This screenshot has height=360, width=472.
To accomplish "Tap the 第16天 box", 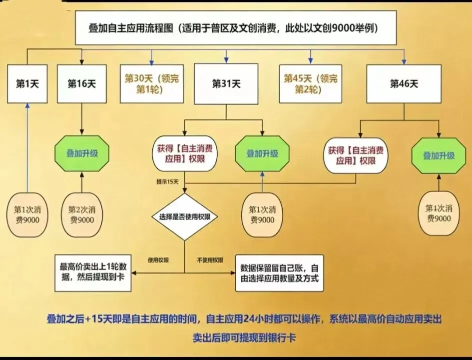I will [x=81, y=83].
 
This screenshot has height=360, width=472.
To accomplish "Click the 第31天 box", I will [x=226, y=83].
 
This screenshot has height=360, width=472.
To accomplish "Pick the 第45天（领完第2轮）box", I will [x=310, y=83].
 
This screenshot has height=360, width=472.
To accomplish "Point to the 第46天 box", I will [x=404, y=83].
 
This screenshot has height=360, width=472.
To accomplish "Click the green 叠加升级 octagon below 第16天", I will [x=82, y=153].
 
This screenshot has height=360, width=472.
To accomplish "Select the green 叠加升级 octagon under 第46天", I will [x=439, y=155].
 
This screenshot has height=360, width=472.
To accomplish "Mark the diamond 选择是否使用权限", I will [x=184, y=216].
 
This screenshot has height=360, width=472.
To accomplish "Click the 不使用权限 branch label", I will [x=210, y=260].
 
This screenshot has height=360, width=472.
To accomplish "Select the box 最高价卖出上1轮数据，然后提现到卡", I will [x=93, y=272].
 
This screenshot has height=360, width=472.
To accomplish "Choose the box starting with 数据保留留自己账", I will [x=279, y=273].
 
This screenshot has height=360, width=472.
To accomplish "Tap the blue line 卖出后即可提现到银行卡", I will [x=244, y=338].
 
